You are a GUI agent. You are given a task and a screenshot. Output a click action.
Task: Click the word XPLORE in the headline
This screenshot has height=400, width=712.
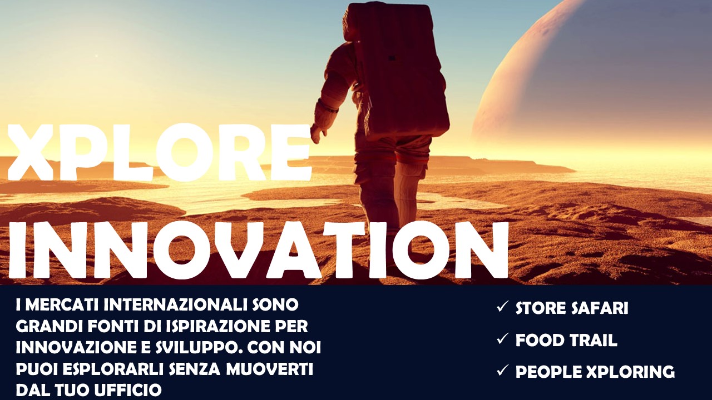coord(159,153)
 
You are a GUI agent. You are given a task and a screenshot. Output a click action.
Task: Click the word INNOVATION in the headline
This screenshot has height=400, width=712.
coord(258,251)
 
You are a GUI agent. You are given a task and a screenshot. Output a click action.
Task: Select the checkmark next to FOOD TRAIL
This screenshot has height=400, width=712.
coord(502,338)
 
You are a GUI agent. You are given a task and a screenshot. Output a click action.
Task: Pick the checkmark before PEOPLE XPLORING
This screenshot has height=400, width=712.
coord(502,370)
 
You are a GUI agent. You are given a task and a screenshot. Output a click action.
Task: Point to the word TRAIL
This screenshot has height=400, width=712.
coord(593,340)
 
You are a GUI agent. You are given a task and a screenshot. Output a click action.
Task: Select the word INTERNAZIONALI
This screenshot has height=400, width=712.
coord(175,305)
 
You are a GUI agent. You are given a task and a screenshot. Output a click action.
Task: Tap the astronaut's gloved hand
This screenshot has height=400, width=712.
coord(318,134)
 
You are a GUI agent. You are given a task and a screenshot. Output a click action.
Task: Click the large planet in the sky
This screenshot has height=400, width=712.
coord(591,79)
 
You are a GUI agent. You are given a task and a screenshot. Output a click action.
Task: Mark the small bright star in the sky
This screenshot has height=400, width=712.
coord(97,56)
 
